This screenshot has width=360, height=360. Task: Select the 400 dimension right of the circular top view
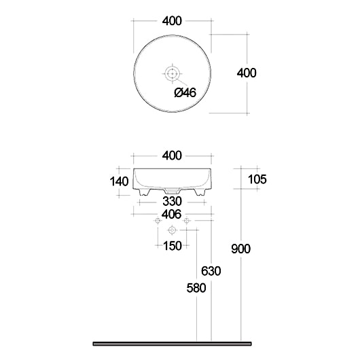click(x=245, y=73)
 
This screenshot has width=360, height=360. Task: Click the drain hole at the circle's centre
click(x=173, y=73)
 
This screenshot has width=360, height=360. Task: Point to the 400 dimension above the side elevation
click(x=173, y=156)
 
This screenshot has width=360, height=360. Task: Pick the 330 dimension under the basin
click(x=173, y=202)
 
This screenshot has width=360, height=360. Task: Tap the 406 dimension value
click(x=173, y=214)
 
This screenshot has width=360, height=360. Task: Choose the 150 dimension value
click(x=173, y=246)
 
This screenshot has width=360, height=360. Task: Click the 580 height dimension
click(x=196, y=288)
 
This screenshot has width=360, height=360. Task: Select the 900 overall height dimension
click(x=240, y=249)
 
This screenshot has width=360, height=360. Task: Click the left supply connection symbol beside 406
click(x=158, y=222)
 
